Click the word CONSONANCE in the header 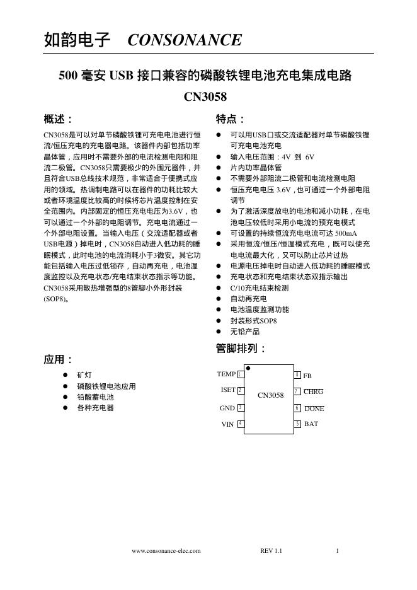[184, 41]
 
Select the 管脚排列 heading [241, 349]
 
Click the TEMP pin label [226, 374]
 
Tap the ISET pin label [227, 390]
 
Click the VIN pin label [228, 424]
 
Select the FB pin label [307, 376]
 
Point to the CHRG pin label [313, 391]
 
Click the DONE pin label [314, 408]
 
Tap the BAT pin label [311, 424]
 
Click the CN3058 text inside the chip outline [271, 396]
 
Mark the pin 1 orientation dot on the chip [248, 367]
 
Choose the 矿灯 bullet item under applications [84, 374]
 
